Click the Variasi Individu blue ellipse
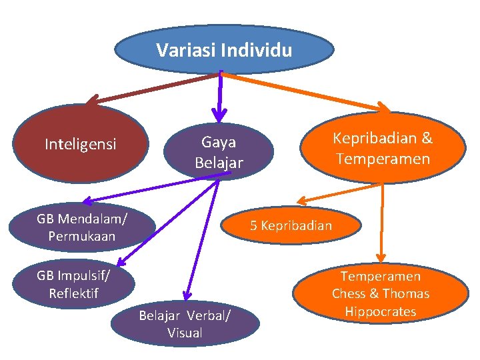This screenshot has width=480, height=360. pos(224,51)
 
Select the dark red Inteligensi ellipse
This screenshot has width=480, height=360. pos(80,144)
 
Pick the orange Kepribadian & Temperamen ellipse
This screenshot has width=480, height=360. pos(383,148)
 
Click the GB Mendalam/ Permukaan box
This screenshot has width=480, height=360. pos(83,227)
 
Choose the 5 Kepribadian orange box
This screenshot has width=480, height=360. pos(291,225)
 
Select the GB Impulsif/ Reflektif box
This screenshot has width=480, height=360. pos(73,284)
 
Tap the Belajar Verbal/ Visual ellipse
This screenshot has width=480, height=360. pos(185,324)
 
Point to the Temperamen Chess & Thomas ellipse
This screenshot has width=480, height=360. pos(381,293)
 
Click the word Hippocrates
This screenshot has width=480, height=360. pos(381,311)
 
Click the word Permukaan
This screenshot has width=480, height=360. pos(82,236)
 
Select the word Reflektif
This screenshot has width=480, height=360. pos(73,293)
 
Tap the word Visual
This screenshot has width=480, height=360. pos(185,333)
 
